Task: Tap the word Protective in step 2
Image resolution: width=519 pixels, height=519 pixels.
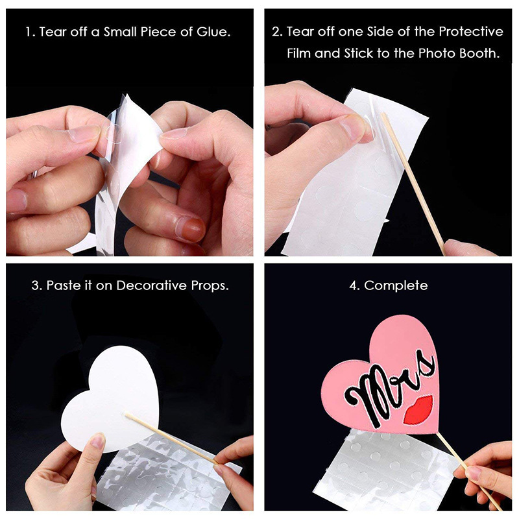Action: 471,31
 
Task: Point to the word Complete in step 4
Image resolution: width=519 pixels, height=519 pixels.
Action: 396,285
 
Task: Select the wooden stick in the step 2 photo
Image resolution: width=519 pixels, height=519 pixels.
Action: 413,184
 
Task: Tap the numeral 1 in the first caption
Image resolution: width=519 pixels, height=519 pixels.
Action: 29,32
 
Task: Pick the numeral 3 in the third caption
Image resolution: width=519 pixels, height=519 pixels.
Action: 35,285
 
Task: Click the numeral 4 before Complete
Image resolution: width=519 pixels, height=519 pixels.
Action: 353,285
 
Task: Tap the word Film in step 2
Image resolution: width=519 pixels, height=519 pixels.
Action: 299,53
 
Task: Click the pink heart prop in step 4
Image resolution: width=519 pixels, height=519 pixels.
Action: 381,374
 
